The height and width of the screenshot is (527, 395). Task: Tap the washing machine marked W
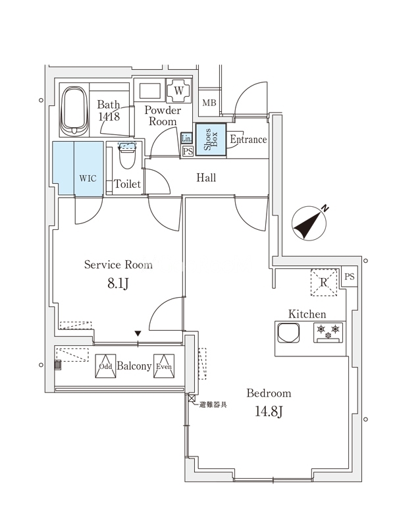coord(178,90)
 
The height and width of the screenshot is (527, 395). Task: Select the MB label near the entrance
coord(209,103)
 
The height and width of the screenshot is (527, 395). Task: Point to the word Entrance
coord(248,140)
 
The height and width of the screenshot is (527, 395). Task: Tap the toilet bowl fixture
coord(127,156)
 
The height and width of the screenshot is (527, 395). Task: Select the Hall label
coord(206,178)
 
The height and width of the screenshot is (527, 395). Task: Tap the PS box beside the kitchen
coord(349,277)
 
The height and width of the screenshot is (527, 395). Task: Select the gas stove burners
coord(328,331)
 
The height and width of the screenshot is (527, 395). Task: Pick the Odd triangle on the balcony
coord(105,366)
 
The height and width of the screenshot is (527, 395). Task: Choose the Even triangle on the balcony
coord(163,366)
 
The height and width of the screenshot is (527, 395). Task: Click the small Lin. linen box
coord(186,138)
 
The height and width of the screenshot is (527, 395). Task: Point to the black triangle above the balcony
coord(138,334)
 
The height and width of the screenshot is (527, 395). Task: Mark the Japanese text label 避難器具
coord(213,404)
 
